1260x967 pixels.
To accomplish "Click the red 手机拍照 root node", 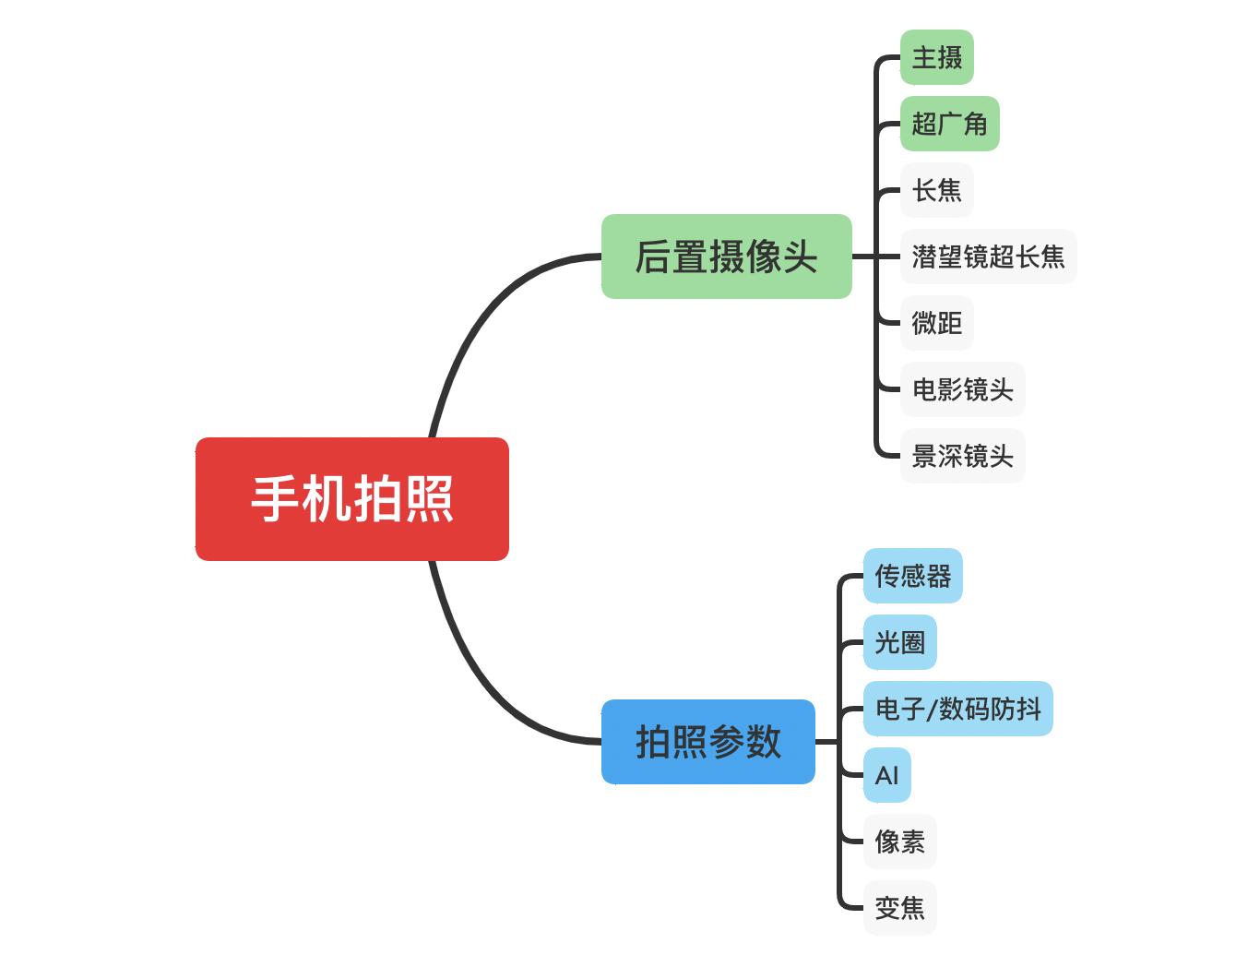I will tap(351, 498).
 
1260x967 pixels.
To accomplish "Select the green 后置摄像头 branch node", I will tap(726, 257).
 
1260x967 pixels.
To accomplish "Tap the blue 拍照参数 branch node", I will tap(707, 742).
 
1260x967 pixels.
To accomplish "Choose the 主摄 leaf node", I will tap(936, 57).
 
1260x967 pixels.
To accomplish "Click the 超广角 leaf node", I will tap(949, 124).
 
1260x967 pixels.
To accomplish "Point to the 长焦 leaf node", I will tap(936, 190).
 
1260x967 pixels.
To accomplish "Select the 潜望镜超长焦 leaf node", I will tap(988, 257).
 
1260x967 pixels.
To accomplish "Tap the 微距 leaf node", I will tap(936, 323).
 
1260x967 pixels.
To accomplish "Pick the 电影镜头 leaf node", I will tap(962, 389).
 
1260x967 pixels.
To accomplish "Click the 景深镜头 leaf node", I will tap(962, 456).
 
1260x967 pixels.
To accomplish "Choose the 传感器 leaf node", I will tap(912, 576).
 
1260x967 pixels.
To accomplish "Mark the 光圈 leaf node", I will tap(899, 642).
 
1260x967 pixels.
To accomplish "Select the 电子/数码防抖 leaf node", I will tap(957, 709).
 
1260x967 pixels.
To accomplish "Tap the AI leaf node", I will tap(886, 775).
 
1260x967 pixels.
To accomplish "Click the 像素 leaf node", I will tap(899, 842).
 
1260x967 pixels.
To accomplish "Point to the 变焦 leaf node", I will tap(899, 908).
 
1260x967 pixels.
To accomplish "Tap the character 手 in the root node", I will tap(276, 498).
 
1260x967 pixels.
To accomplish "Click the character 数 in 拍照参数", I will tap(764, 742).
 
